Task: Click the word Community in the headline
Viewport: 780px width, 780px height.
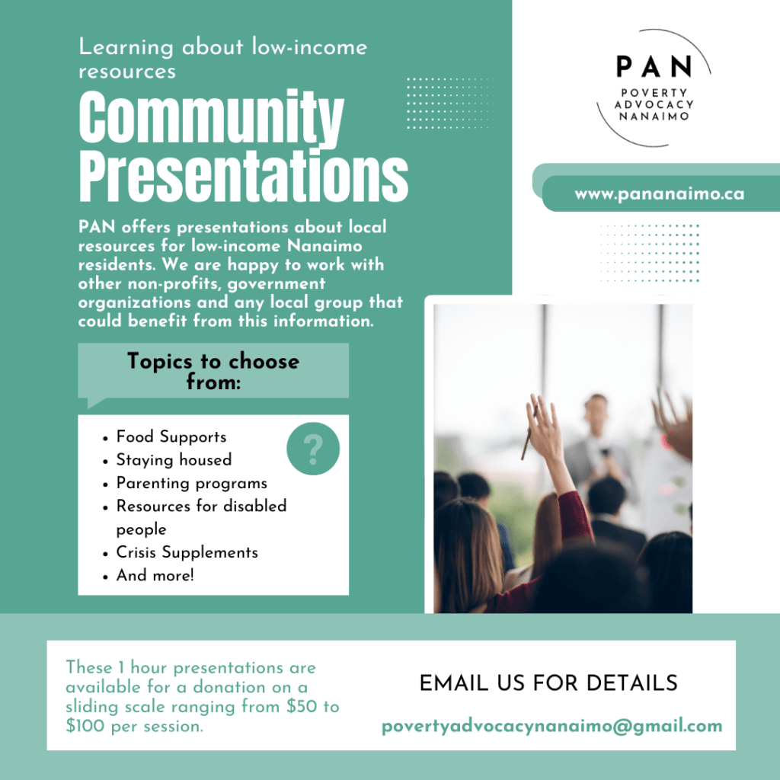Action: pyautogui.click(x=212, y=118)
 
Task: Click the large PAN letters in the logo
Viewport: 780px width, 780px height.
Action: pyautogui.click(x=654, y=66)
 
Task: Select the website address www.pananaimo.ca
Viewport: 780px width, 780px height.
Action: pyautogui.click(x=660, y=193)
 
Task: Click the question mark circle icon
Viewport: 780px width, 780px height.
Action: pyautogui.click(x=313, y=449)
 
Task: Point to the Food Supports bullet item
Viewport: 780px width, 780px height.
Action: pyautogui.click(x=171, y=436)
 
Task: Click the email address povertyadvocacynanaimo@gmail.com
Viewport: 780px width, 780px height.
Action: pyautogui.click(x=551, y=726)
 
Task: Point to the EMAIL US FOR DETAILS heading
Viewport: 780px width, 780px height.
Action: pyautogui.click(x=548, y=683)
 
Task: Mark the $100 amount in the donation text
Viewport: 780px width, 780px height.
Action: pyautogui.click(x=85, y=726)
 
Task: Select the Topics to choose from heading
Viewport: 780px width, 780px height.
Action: pyautogui.click(x=213, y=371)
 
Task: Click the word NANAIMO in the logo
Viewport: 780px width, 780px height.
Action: pyautogui.click(x=654, y=117)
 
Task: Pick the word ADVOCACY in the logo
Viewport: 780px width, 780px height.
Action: pyautogui.click(x=654, y=104)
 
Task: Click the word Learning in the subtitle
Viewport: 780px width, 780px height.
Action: pyautogui.click(x=126, y=48)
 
